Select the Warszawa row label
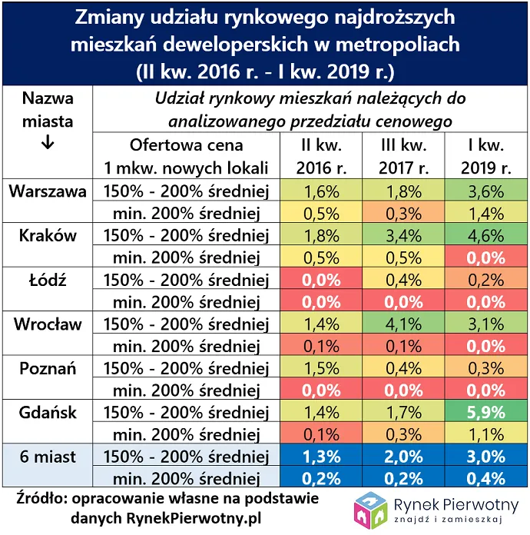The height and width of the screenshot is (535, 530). [48, 191]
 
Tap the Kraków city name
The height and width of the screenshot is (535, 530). [48, 236]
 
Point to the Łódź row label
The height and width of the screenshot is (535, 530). [48, 280]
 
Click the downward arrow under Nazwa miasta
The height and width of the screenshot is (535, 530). [48, 144]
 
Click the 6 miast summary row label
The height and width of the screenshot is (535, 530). [48, 457]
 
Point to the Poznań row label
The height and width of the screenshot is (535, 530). [48, 368]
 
